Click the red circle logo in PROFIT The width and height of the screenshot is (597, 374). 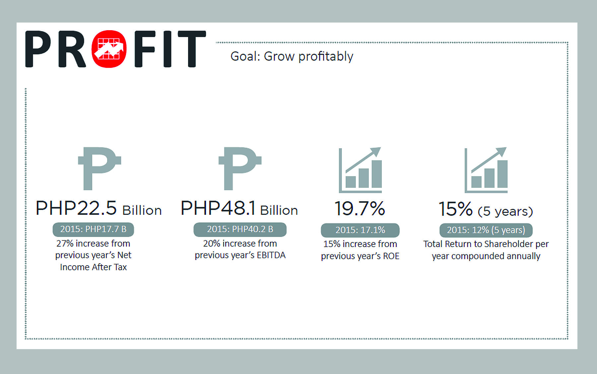[109, 49]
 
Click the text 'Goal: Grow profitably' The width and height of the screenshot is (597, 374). [292, 56]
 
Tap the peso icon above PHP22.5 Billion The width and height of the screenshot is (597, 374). [99, 168]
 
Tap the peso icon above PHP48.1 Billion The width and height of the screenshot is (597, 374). [240, 168]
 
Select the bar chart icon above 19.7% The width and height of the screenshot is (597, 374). [360, 170]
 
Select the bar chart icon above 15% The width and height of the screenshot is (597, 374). [486, 170]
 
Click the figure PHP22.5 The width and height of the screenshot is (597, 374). [76, 208]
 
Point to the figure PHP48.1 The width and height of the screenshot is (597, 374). [218, 208]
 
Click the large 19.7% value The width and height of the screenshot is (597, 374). [360, 209]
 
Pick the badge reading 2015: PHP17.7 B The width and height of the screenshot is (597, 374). [93, 229]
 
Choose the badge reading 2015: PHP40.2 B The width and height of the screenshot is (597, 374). [240, 229]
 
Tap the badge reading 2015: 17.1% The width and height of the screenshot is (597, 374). [360, 230]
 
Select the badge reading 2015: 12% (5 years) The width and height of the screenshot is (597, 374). [486, 230]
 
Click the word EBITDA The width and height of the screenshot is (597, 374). [271, 255]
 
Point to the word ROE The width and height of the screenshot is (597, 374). [391, 256]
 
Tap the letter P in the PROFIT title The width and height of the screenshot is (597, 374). [38, 49]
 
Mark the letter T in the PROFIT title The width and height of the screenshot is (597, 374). [192, 49]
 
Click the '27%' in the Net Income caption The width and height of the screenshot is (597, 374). [65, 244]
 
